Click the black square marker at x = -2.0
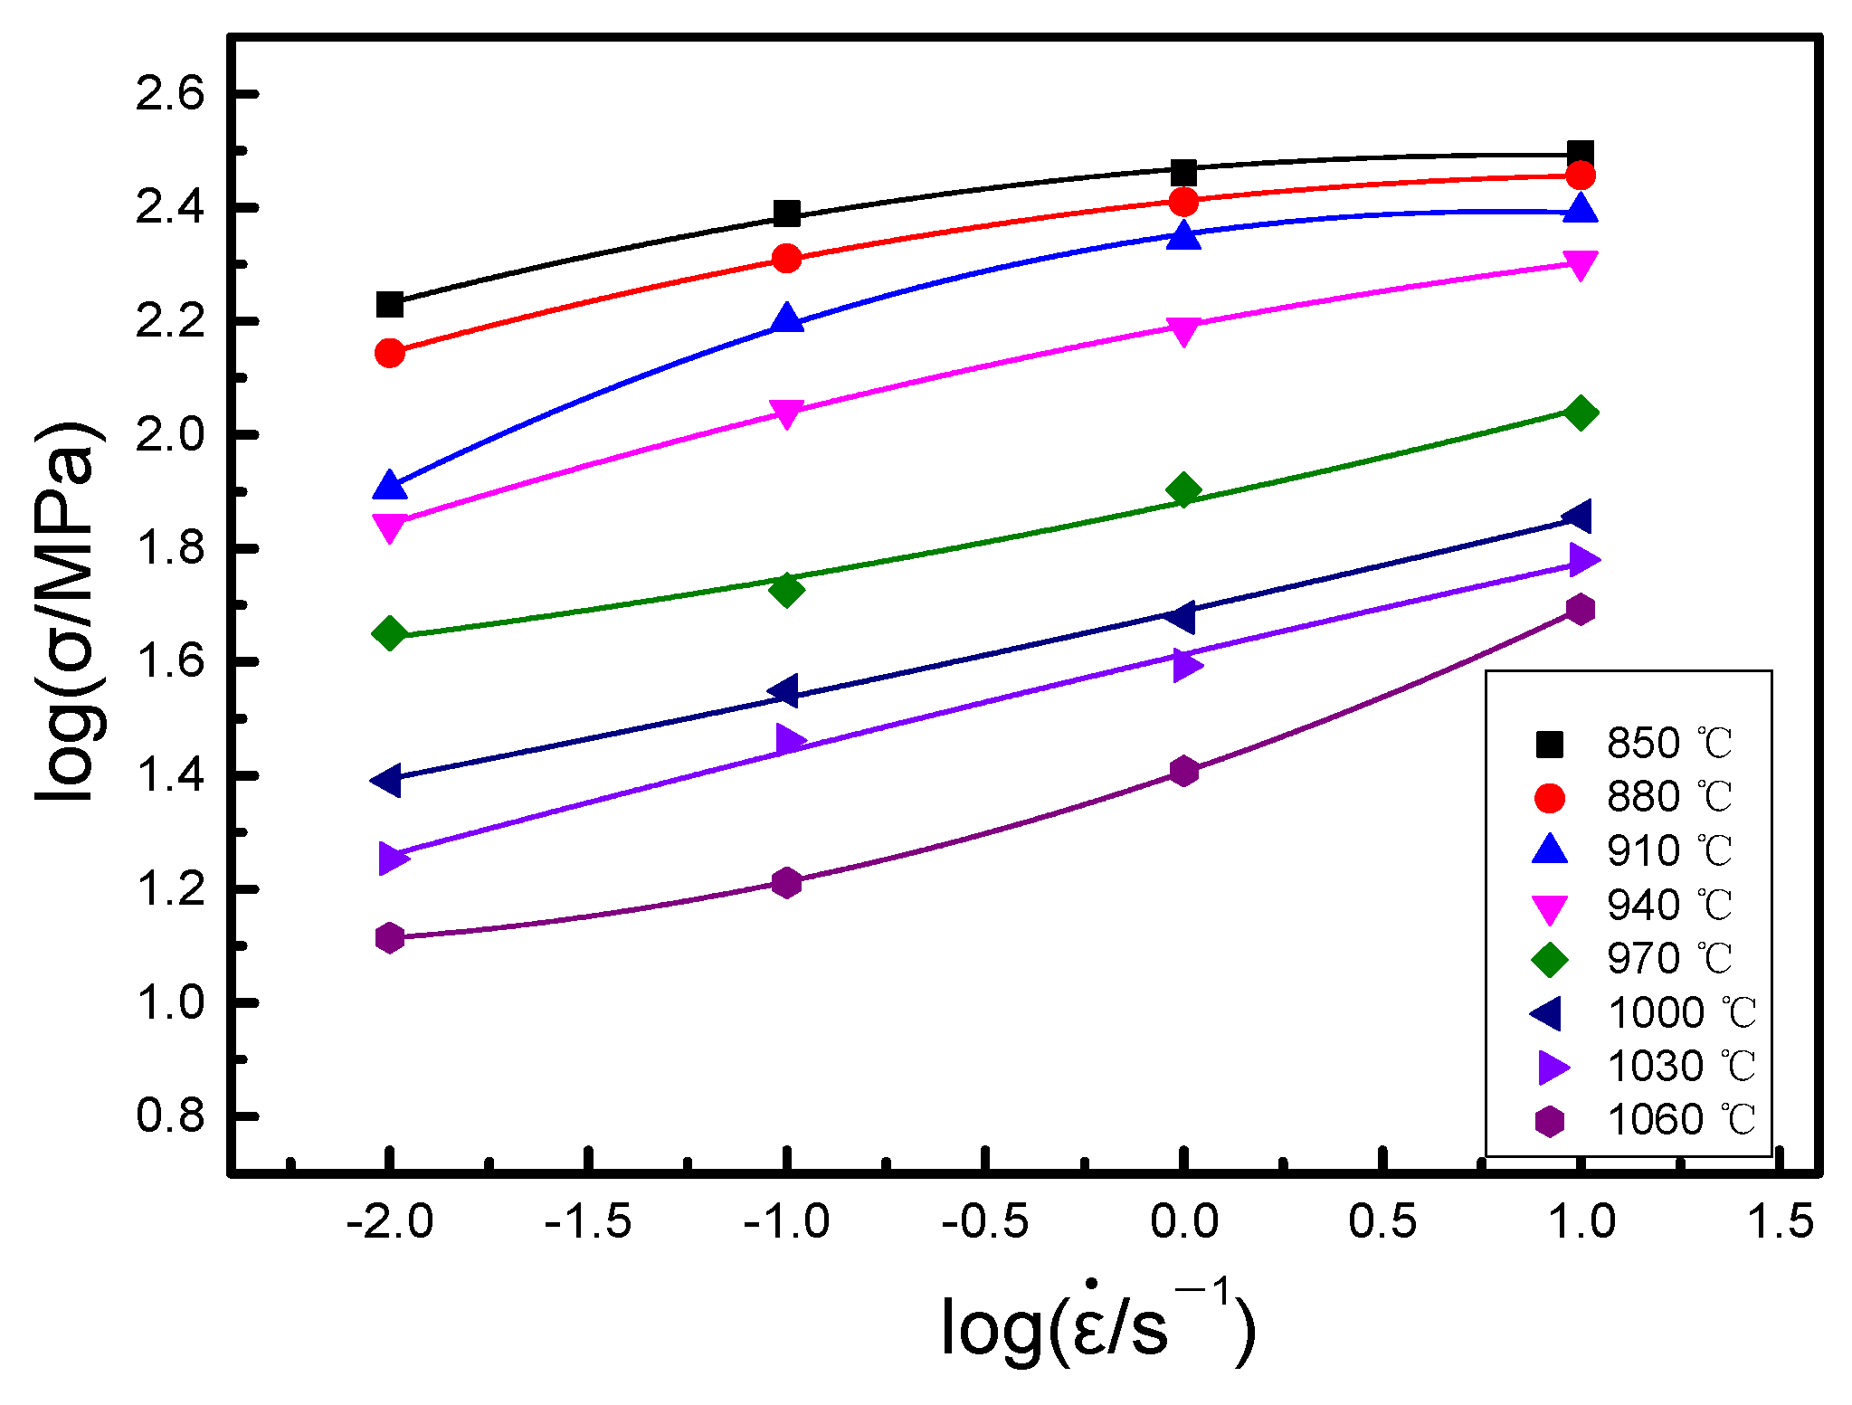pyautogui.click(x=390, y=304)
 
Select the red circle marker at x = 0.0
pyautogui.click(x=1183, y=202)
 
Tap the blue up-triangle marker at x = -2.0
pyautogui.click(x=390, y=486)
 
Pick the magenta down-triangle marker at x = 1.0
pyautogui.click(x=1580, y=264)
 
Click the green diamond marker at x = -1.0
pyautogui.click(x=786, y=590)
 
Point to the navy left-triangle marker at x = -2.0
pyautogui.click(x=387, y=779)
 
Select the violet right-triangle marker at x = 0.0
pyautogui.click(x=1185, y=665)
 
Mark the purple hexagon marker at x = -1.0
pyautogui.click(x=786, y=882)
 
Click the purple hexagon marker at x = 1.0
pyautogui.click(x=1580, y=609)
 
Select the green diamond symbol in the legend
pyautogui.click(x=1550, y=959)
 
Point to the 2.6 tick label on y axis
pyautogui.click(x=170, y=94)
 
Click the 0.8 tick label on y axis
pyautogui.click(x=170, y=1116)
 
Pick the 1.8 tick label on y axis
pyautogui.click(x=170, y=548)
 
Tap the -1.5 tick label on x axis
pyautogui.click(x=588, y=1222)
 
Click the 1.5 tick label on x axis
pyautogui.click(x=1779, y=1222)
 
